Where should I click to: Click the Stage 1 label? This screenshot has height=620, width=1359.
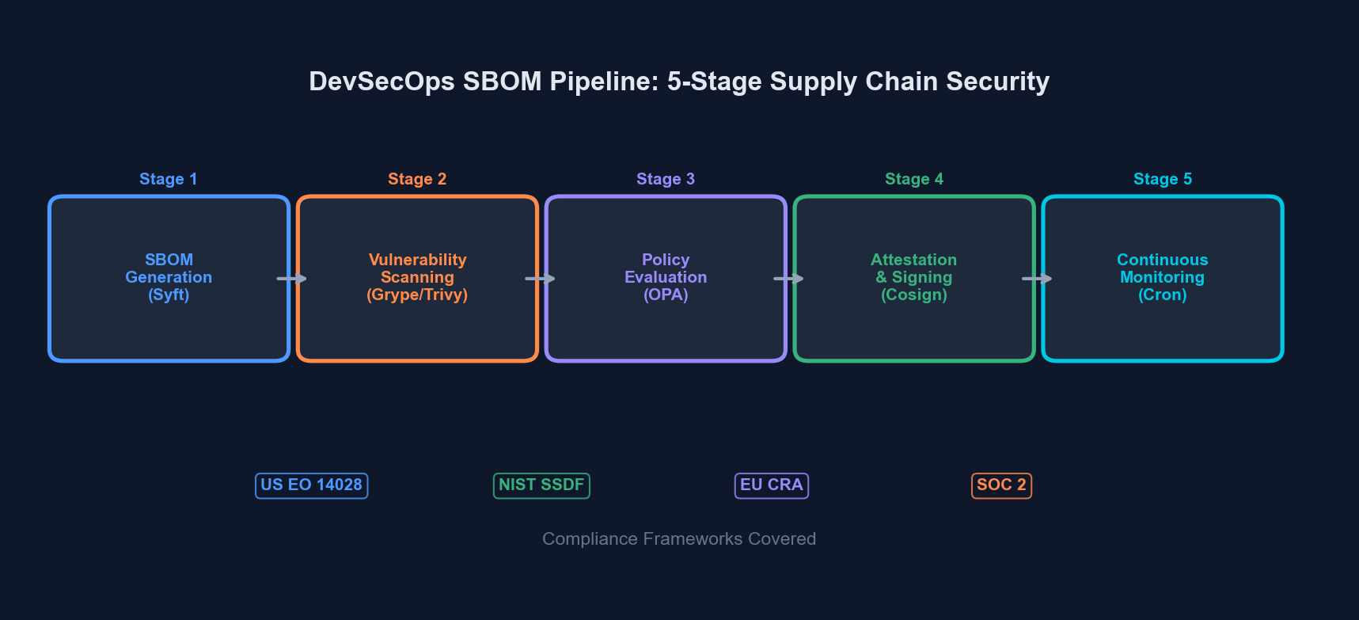point(168,179)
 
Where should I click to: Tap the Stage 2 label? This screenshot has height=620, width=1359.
point(417,179)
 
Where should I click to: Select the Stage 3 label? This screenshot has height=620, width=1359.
point(666,179)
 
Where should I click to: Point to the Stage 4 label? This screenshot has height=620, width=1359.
point(914,179)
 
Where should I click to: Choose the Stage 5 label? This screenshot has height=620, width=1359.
point(1163,179)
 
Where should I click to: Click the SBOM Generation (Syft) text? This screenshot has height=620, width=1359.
point(169,277)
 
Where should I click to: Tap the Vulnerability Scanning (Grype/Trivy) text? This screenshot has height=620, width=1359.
point(417,277)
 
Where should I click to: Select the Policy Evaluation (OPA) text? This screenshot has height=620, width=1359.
point(666,277)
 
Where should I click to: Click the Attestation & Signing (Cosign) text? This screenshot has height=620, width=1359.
point(914,277)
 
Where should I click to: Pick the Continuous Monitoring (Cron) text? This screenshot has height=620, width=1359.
point(1163,277)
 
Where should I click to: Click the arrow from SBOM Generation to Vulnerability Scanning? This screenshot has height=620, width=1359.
point(292,279)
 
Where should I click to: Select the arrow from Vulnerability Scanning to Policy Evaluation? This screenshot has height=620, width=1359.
point(541,279)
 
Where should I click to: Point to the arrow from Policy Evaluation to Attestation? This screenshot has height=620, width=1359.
point(789,279)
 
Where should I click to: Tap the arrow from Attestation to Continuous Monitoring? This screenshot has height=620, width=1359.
point(1038,279)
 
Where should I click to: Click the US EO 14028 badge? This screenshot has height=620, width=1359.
point(311,485)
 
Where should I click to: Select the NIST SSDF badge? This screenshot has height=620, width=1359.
point(541,485)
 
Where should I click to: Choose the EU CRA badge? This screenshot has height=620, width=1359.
point(772,485)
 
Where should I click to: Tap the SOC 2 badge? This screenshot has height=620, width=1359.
point(1001,485)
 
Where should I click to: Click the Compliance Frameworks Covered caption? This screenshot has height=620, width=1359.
point(679,539)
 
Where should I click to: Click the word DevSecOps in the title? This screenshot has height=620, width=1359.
point(382,82)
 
